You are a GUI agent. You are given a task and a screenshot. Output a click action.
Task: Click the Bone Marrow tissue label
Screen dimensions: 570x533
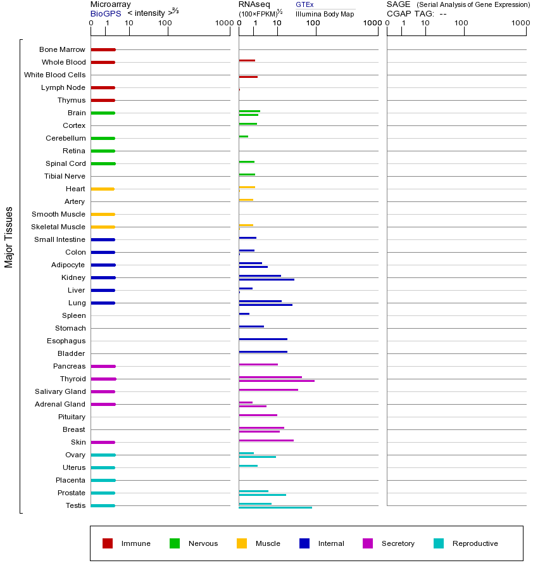pyautogui.click(x=62, y=49)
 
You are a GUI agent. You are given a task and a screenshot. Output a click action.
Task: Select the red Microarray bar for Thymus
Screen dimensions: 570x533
pyautogui.click(x=103, y=100)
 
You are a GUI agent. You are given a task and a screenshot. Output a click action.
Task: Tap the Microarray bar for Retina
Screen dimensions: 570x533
pyautogui.click(x=103, y=151)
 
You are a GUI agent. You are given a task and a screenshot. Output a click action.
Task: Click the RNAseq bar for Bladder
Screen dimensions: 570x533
pyautogui.click(x=263, y=351)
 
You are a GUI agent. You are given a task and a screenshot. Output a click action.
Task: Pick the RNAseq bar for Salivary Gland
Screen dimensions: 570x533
pyautogui.click(x=268, y=389)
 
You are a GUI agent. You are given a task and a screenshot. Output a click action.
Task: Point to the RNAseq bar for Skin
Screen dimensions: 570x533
pyautogui.click(x=266, y=440)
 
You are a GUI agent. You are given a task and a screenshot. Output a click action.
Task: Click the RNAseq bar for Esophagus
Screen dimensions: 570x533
pyautogui.click(x=263, y=339)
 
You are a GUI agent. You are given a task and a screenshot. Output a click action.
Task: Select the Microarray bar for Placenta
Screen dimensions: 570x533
pyautogui.click(x=103, y=480)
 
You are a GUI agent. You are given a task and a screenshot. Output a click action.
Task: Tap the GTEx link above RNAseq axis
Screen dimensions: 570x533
pyautogui.click(x=304, y=4)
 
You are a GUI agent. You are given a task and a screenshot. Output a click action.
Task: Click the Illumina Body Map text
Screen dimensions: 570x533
pyautogui.click(x=325, y=14)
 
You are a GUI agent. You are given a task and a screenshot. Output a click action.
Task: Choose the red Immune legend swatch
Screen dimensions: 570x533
pyautogui.click(x=108, y=543)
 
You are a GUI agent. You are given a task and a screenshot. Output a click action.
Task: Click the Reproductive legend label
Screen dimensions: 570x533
pyautogui.click(x=475, y=543)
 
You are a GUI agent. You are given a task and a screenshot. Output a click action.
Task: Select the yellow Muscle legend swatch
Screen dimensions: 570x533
pyautogui.click(x=242, y=543)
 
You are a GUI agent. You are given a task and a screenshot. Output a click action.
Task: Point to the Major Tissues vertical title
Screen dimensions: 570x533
pyautogui.click(x=9, y=237)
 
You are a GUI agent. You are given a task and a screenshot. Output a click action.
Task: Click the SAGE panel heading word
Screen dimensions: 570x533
pyautogui.click(x=398, y=4)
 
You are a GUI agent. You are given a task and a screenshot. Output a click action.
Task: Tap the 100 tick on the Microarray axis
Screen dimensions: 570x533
pyautogui.click(x=165, y=23)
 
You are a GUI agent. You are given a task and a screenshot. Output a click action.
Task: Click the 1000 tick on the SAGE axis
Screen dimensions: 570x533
pyautogui.click(x=520, y=23)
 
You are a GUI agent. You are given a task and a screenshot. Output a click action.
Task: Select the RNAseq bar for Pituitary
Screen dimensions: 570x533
pyautogui.click(x=258, y=415)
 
